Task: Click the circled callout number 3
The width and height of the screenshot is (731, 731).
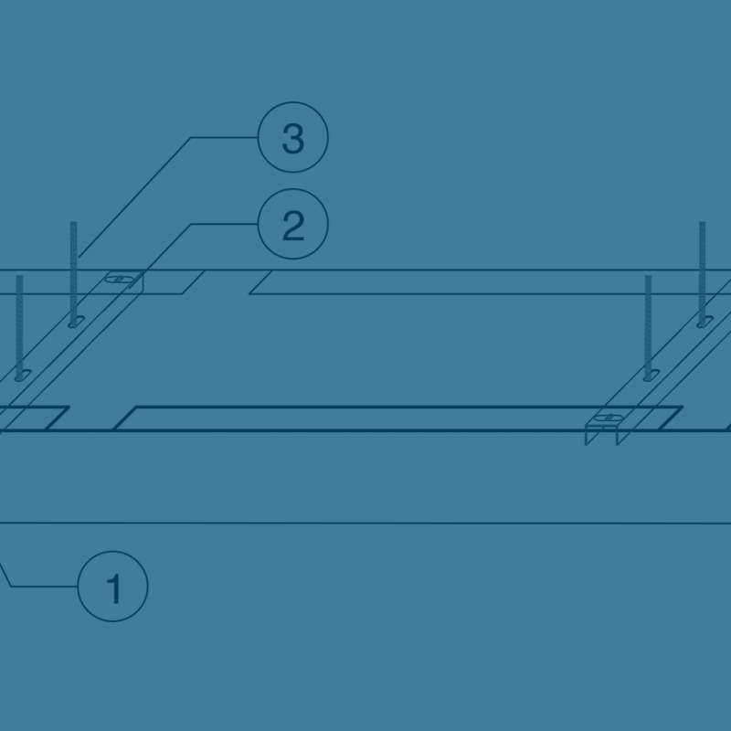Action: [x=292, y=137]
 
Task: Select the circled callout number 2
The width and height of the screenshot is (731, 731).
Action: [x=292, y=224]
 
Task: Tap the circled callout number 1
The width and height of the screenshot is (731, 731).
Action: [x=112, y=586]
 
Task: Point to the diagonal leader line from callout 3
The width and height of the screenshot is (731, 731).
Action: [x=135, y=196]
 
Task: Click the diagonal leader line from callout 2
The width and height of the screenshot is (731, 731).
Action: [x=169, y=247]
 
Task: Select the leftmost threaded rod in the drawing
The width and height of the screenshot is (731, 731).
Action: [x=19, y=326]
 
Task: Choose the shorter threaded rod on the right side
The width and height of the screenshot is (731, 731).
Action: [x=648, y=326]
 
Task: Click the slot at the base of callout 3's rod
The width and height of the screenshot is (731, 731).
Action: [x=77, y=322]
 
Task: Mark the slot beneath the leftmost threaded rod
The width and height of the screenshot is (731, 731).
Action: [x=22, y=375]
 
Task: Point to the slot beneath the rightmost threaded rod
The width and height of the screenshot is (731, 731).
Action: [x=705, y=322]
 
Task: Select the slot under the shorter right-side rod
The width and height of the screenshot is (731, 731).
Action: [x=652, y=375]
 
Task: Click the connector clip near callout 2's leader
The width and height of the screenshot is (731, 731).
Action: [x=122, y=280]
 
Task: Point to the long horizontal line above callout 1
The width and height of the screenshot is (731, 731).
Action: [x=365, y=523]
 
